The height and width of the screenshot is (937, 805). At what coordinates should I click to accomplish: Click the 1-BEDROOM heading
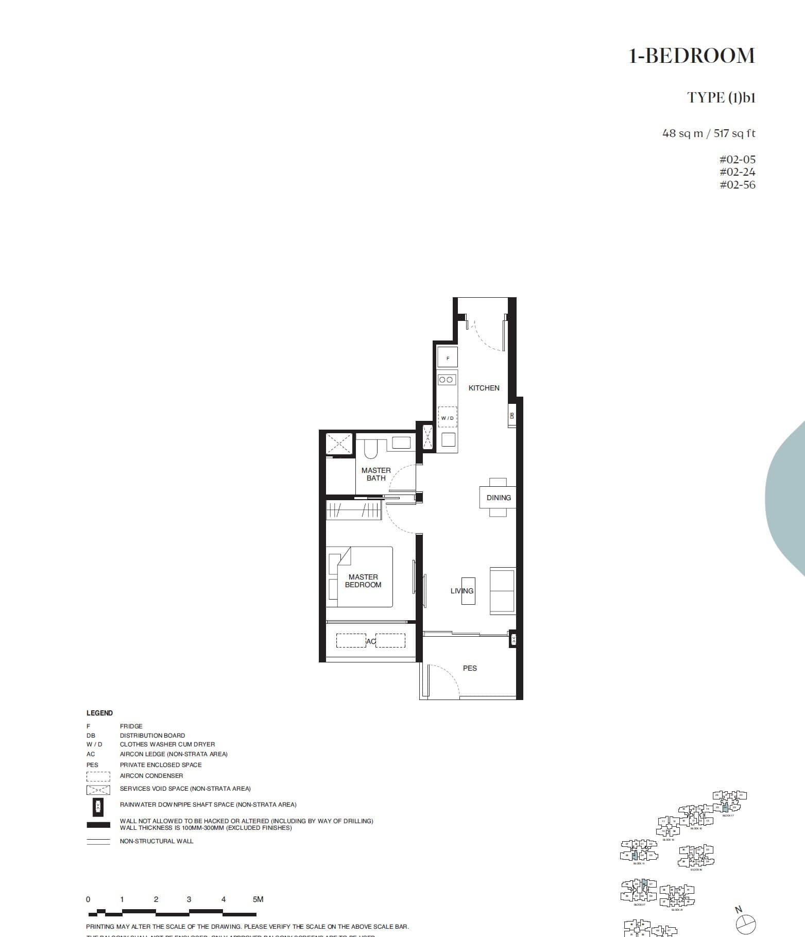tap(692, 56)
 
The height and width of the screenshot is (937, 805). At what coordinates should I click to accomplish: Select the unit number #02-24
tap(737, 172)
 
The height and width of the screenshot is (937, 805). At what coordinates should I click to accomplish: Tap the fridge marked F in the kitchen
tap(448, 357)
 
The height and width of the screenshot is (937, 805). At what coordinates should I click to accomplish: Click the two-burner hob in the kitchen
tap(447, 380)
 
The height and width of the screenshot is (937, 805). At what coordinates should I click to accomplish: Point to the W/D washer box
tap(447, 418)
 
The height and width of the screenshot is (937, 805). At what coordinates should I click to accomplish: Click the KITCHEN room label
tap(484, 388)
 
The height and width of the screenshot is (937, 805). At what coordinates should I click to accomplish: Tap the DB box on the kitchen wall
tap(511, 416)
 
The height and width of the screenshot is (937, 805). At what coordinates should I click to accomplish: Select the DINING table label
tap(499, 498)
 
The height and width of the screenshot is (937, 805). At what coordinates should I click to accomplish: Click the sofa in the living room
tap(502, 590)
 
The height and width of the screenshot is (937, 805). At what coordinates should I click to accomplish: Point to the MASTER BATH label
tap(376, 474)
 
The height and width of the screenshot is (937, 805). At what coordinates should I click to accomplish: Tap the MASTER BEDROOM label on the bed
tap(363, 581)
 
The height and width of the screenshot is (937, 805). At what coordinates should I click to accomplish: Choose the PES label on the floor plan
tap(470, 668)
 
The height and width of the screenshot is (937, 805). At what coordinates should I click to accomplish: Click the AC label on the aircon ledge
tap(371, 641)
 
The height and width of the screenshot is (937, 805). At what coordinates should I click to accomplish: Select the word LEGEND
tap(99, 713)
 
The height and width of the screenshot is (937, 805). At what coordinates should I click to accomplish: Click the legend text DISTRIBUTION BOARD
tap(152, 736)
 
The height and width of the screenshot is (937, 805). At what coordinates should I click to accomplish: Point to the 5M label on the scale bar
tap(258, 899)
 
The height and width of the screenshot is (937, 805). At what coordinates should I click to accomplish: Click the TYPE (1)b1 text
tap(721, 97)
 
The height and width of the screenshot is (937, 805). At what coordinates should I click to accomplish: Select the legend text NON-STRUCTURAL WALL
tap(157, 841)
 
